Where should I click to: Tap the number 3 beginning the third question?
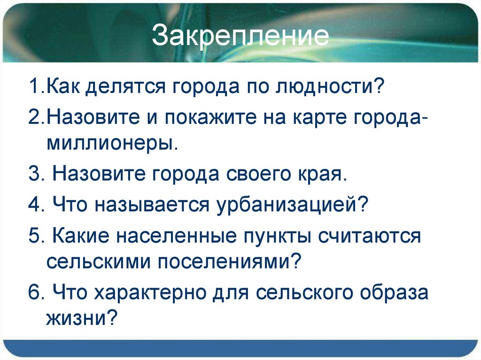coord(32,175)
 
